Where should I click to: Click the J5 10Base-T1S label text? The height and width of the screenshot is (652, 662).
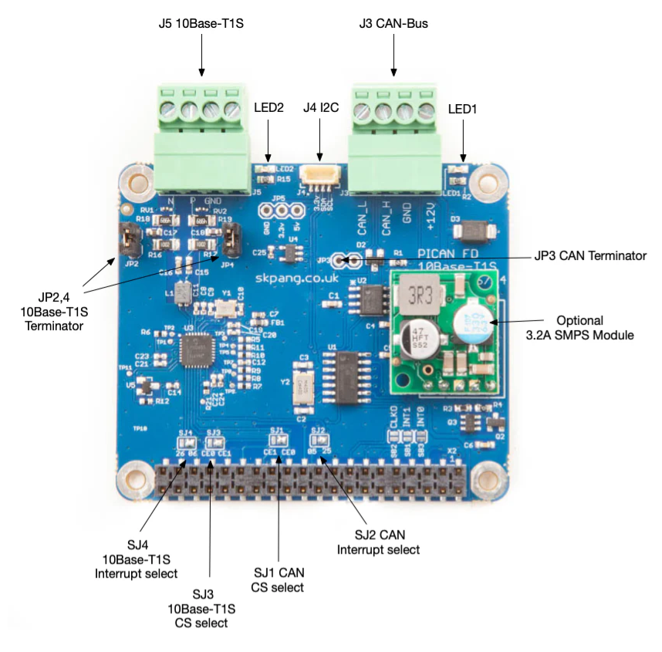point(201,23)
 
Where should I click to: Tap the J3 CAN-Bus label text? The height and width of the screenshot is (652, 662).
point(393,23)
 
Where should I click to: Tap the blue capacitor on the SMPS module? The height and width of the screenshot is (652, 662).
point(469,324)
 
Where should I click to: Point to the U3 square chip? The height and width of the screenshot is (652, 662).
point(193,353)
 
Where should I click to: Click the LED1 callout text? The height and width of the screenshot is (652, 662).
point(462,110)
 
